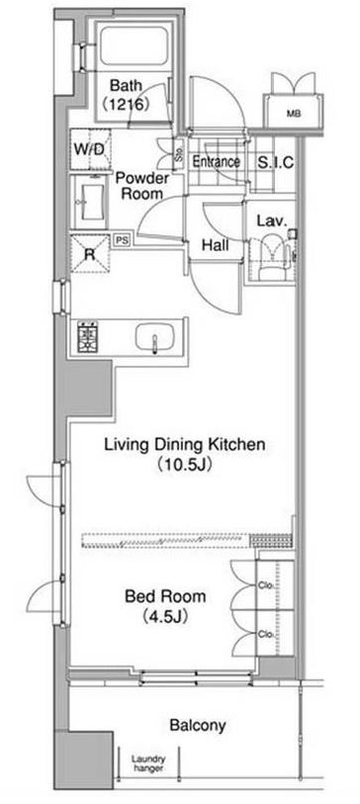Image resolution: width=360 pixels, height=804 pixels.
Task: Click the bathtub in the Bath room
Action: [x=134, y=45]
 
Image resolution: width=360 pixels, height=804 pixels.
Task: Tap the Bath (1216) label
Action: [x=127, y=95]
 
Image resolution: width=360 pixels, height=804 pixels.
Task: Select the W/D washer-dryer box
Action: [x=91, y=149]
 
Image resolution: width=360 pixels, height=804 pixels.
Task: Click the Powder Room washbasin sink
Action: [x=91, y=202]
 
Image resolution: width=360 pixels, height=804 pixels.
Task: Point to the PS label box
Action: [x=122, y=240]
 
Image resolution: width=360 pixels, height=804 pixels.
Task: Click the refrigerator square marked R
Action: [x=90, y=254]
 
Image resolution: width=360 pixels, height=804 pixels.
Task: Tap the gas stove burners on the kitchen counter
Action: [x=88, y=337]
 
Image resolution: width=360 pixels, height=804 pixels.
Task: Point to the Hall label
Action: [x=215, y=245]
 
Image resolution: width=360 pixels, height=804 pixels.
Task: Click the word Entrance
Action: [x=216, y=162]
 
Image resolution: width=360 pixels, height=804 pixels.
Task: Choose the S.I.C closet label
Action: [x=275, y=162]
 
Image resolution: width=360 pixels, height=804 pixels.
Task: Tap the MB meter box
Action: [x=294, y=114]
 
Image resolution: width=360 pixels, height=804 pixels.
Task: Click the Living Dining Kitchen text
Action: [x=185, y=444]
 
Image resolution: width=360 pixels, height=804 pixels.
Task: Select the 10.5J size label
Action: [x=185, y=466]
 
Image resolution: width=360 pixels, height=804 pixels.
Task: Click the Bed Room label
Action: [x=165, y=596]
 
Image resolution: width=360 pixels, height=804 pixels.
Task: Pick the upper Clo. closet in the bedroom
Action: [x=274, y=584]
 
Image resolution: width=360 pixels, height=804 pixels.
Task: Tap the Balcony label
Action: [x=198, y=726]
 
